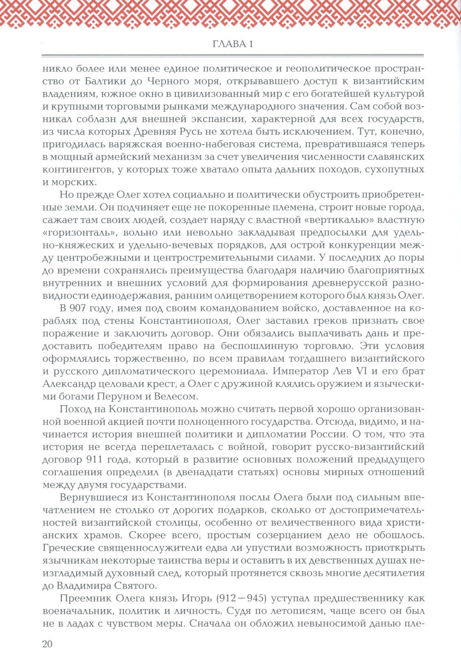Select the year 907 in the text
(x=81, y=308)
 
